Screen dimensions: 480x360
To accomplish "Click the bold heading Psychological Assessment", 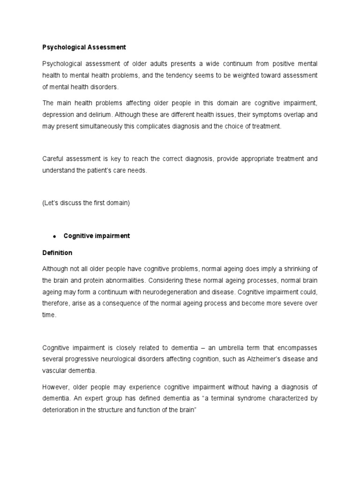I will pos(84,47).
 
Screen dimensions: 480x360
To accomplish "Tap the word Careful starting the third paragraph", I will pos(54,159).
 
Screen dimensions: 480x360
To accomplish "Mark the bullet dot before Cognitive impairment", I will pos(55,236).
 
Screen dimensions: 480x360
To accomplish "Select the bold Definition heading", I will pos(57,253).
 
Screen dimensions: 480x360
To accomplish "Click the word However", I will pos(55,387).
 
